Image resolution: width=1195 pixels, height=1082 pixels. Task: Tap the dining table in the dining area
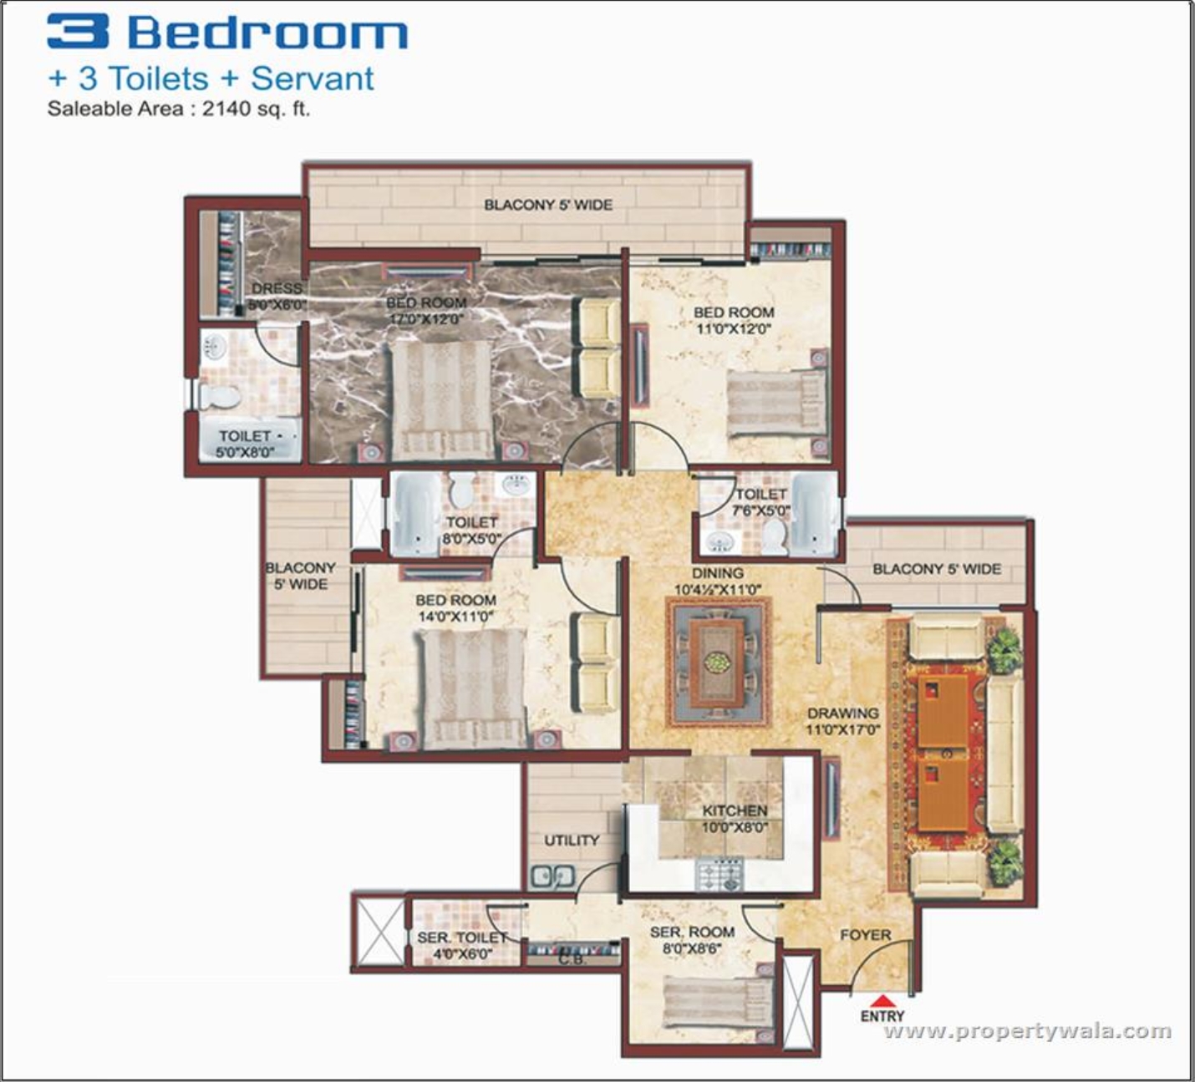tap(716, 662)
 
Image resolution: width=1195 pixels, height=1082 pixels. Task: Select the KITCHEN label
tap(735, 810)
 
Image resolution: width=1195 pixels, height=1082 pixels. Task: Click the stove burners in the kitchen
tap(719, 875)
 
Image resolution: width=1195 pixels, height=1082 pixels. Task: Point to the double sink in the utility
tap(552, 876)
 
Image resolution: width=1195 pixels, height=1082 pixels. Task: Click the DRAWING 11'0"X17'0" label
tap(842, 721)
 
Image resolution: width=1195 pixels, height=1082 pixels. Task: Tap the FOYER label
tap(865, 935)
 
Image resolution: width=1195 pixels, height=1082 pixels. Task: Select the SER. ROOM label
tap(692, 932)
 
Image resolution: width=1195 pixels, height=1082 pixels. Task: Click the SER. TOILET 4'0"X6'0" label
tap(460, 946)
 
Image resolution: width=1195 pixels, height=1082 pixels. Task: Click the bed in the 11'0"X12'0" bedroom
tap(775, 404)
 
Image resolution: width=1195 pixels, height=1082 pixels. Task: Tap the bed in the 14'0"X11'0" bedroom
tap(472, 688)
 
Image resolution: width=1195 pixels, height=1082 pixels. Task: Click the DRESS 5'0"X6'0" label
tap(277, 297)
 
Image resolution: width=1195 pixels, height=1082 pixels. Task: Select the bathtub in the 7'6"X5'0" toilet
tap(812, 516)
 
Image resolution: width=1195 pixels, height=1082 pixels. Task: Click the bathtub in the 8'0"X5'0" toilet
tap(414, 515)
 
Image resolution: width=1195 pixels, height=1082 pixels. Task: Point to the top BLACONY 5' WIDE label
tap(548, 205)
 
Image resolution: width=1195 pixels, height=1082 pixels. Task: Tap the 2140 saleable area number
tap(222, 109)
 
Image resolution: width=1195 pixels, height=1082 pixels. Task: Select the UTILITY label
tap(572, 841)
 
